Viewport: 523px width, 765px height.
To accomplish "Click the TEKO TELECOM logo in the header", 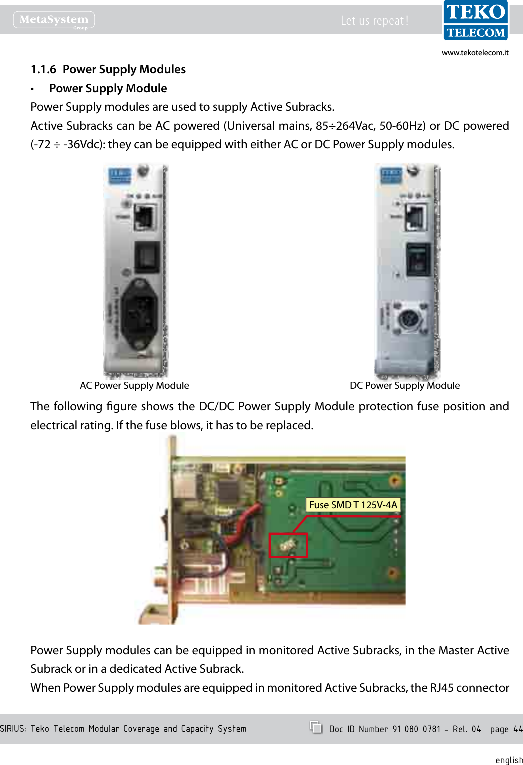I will click(x=475, y=20).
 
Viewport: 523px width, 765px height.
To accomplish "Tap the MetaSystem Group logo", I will click(x=54, y=20).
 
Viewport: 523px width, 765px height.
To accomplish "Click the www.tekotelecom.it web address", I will click(x=475, y=53).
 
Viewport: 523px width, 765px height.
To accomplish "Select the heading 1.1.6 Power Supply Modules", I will click(x=108, y=69).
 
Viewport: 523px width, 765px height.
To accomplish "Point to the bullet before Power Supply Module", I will click(x=32, y=89).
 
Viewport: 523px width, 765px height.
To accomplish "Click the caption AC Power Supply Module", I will click(x=134, y=385).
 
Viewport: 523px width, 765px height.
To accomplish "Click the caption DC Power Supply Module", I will click(x=404, y=385).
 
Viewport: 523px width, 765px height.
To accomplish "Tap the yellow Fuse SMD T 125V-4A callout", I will click(x=353, y=505).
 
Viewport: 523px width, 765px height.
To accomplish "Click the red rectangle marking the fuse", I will click(x=288, y=545).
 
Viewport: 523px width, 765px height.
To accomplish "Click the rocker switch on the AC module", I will click(x=147, y=257).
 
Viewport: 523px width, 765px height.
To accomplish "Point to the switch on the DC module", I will click(x=417, y=259).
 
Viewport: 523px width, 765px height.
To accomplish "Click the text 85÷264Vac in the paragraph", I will click(x=346, y=126).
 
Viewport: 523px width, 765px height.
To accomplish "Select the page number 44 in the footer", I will click(x=517, y=729).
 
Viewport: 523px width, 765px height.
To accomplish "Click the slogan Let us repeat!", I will click(x=374, y=21).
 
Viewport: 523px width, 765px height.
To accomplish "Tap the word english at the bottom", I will click(x=509, y=760).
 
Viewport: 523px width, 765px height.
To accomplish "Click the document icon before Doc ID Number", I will click(x=316, y=727).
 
